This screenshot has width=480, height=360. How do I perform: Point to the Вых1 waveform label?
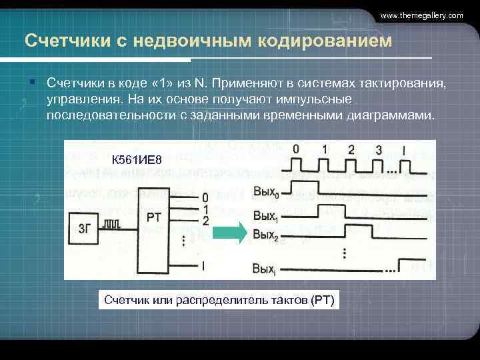[265, 215]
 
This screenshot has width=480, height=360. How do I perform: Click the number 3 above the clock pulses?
[378, 149]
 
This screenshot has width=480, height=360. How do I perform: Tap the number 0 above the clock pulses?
[295, 149]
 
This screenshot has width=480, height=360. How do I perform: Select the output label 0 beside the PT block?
[205, 197]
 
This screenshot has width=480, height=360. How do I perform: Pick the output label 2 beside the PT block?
[205, 220]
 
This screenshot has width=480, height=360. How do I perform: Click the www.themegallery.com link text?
[421, 15]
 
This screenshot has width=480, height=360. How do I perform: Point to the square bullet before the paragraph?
[32, 82]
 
